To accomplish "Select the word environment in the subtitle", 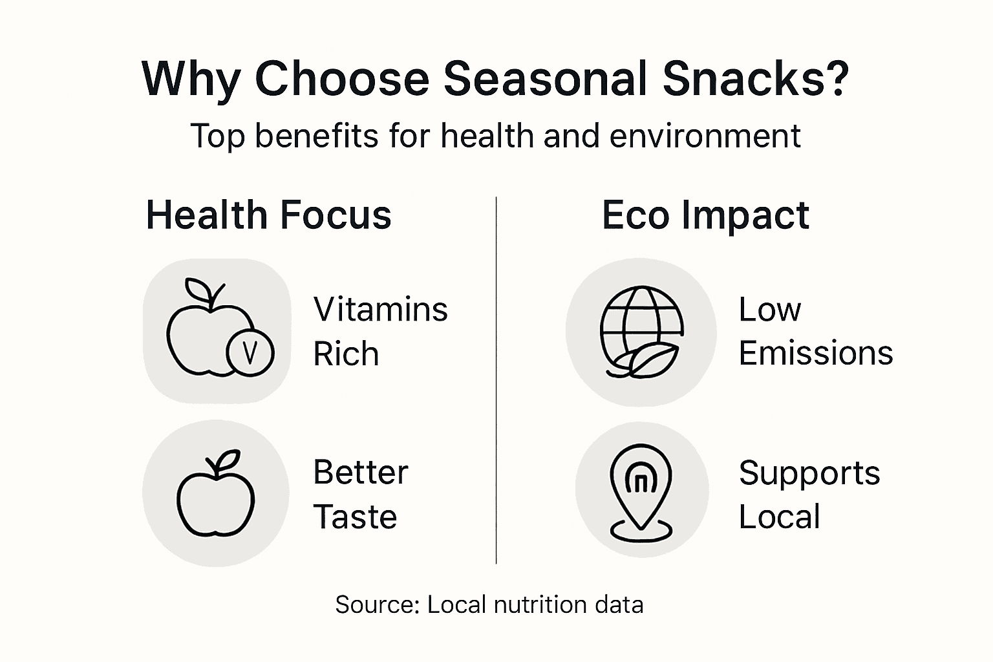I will pos(705,136).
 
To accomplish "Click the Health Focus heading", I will pos(268,215).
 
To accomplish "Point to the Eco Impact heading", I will pos(705,215).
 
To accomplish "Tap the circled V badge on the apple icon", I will pos(250,352).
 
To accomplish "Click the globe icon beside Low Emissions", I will pos(641,331).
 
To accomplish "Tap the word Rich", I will pos(346,354).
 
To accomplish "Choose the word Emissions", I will pos(815,354).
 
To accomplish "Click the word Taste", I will pos(355,517).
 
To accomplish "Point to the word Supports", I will pos(809,473).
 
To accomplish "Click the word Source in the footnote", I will pos(377,605).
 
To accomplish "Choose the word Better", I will pos(361,473).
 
